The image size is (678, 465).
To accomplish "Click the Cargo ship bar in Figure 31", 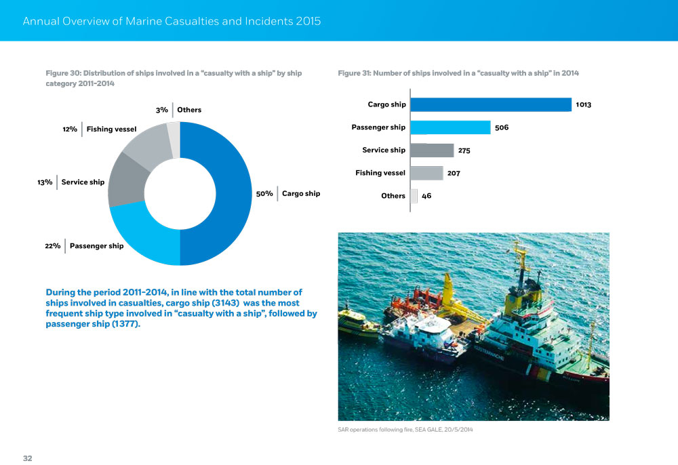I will pyautogui.click(x=492, y=104).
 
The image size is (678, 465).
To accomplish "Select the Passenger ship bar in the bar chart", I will pyautogui.click(x=451, y=127).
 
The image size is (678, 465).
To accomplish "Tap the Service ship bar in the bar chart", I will pyautogui.click(x=433, y=150).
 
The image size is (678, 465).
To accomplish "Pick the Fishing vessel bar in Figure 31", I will pyautogui.click(x=427, y=173).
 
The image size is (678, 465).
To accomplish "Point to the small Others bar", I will pyautogui.click(x=414, y=196).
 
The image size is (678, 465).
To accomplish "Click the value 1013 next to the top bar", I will pyautogui.click(x=583, y=105).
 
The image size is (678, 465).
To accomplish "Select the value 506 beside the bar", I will pyautogui.click(x=502, y=127).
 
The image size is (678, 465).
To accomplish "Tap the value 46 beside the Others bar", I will pyautogui.click(x=426, y=196).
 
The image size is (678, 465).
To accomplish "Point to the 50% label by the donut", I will pyautogui.click(x=264, y=194).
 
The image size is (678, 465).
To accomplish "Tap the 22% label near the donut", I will pyautogui.click(x=53, y=245).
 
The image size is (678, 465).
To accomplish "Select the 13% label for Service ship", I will pyautogui.click(x=45, y=182).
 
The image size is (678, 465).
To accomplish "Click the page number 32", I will pyautogui.click(x=28, y=458).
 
